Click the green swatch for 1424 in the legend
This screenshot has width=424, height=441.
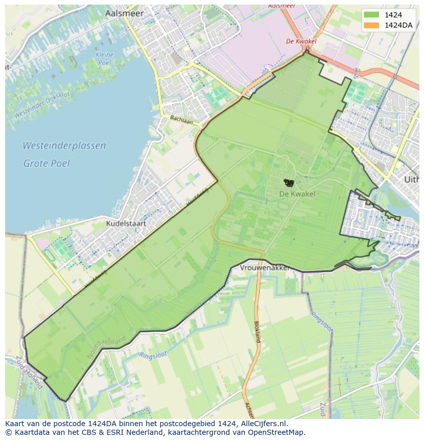point(371,15)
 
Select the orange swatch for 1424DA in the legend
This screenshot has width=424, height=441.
point(371,26)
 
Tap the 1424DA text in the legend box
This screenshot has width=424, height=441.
point(398,26)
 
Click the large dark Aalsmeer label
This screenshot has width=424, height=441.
point(124,14)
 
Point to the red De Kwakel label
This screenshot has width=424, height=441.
point(301,41)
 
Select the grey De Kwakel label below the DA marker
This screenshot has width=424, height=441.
point(297,194)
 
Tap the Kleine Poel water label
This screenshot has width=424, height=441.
point(104,58)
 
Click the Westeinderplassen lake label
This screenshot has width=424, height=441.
point(64,145)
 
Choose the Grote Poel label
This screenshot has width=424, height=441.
point(46,163)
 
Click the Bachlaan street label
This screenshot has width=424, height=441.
point(181,120)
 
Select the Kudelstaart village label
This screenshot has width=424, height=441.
point(126,223)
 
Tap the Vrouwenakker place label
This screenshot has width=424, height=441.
point(265,268)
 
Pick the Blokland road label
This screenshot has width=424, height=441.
point(257,331)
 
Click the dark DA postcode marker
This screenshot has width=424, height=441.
point(289,182)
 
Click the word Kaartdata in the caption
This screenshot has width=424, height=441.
point(29,432)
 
